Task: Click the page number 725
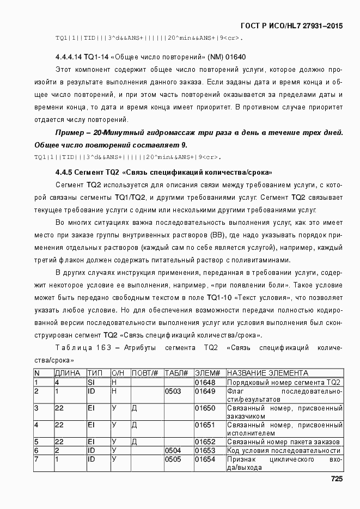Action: (x=336, y=479)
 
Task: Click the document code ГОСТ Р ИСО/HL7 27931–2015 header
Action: (x=291, y=26)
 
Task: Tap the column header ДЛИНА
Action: (x=68, y=373)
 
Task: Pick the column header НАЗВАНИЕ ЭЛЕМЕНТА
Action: (x=267, y=373)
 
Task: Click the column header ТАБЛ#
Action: (x=176, y=373)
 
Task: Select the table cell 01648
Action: (x=205, y=382)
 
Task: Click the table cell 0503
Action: (x=173, y=391)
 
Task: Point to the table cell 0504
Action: (x=173, y=450)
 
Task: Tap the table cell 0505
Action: (x=173, y=459)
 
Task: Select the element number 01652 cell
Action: (x=205, y=441)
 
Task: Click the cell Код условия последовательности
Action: (x=284, y=450)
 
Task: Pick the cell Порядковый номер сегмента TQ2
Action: (x=284, y=382)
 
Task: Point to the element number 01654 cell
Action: (x=205, y=459)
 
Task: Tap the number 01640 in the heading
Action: (x=235, y=56)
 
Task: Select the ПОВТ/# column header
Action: (x=145, y=373)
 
